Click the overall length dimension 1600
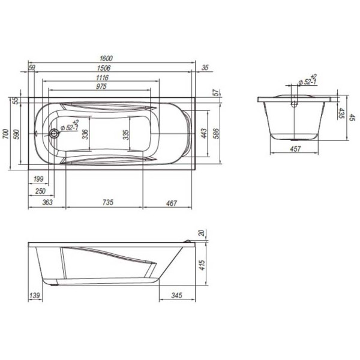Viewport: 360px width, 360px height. point(106,59)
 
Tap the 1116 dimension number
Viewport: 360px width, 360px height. point(103,77)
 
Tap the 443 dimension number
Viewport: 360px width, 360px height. point(204,133)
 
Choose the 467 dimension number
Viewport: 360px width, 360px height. point(171,204)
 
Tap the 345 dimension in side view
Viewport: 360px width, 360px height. point(176,296)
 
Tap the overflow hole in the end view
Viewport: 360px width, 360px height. point(294,103)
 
